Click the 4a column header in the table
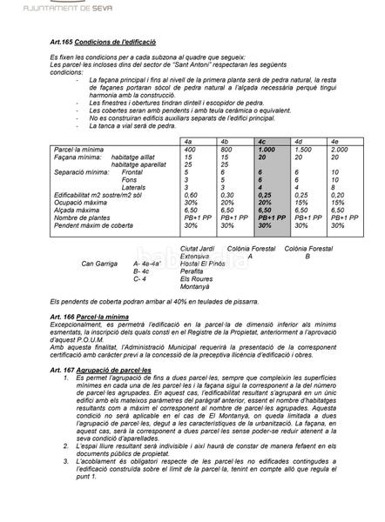pos(188,140)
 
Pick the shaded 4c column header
pos(262,140)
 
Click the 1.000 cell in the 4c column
pos(267,150)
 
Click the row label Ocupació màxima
pos(81,202)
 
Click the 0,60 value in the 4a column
pos(192,195)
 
